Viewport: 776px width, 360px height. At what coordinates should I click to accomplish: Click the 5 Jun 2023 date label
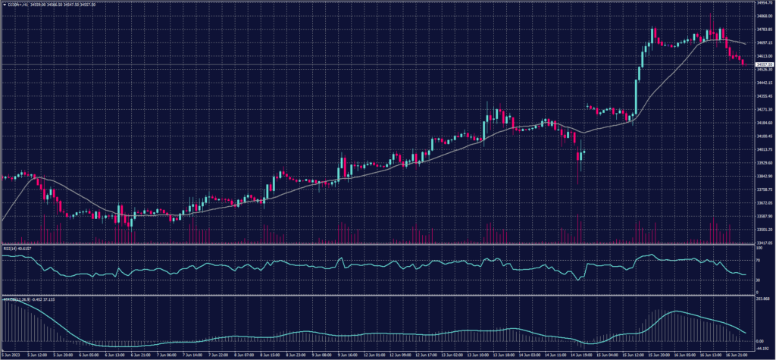coord(11,354)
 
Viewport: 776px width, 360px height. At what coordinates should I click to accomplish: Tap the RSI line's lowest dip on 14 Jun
coord(579,280)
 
